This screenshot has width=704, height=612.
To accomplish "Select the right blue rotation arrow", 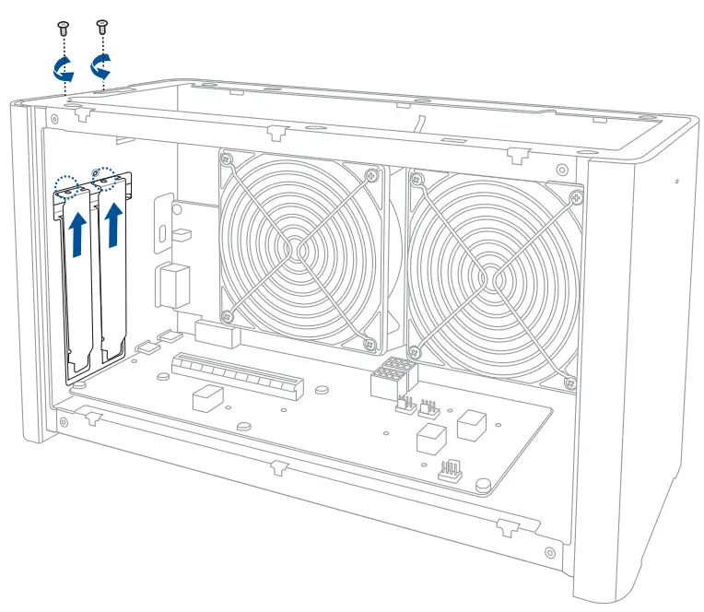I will pyautogui.click(x=102, y=65).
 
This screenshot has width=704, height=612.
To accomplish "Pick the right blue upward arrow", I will pyautogui.click(x=115, y=226).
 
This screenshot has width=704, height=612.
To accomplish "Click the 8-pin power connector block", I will pyautogui.click(x=393, y=376).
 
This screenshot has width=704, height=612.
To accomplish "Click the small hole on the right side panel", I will pyautogui.click(x=676, y=181).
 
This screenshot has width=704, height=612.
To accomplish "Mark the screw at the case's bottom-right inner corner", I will pyautogui.click(x=551, y=554).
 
